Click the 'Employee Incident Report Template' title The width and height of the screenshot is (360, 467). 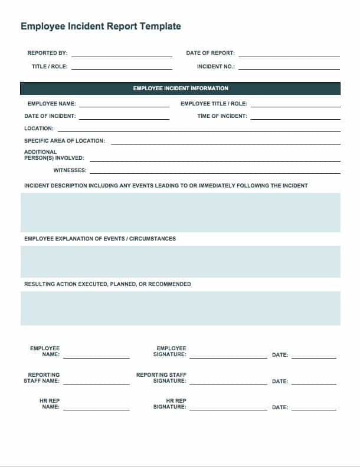pos(101,27)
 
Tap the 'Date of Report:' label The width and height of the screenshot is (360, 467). pos(210,53)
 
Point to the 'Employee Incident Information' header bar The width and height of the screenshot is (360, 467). pos(180,88)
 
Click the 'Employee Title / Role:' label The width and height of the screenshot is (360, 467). pos(214,104)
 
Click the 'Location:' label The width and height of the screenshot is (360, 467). pos(39,129)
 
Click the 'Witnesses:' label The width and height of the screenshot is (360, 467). pos(70,170)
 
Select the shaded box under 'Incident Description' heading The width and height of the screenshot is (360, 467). pos(180,212)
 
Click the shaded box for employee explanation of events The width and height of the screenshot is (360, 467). pos(180,262)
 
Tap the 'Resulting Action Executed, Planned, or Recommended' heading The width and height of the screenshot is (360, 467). pos(107,284)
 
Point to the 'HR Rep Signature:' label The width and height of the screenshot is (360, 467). pos(170,404)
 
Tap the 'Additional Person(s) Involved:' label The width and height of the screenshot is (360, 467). pos(54,155)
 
